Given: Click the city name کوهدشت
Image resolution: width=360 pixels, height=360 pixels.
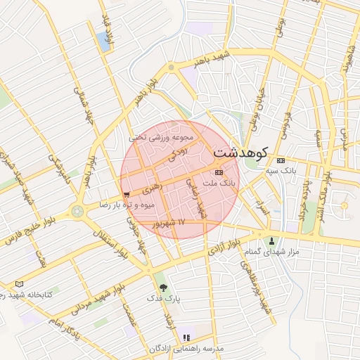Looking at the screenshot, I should click(x=241, y=152).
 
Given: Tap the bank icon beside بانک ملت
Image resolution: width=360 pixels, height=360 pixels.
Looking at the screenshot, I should click(x=219, y=172).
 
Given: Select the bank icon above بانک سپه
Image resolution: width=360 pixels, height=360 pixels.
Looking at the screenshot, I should click(x=281, y=160).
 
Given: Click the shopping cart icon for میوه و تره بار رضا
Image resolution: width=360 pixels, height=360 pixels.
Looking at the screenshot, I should click(x=126, y=194).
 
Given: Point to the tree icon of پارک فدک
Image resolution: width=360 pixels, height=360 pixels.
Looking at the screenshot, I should click(x=164, y=287).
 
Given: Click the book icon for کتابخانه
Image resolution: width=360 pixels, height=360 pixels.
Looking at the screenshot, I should click(x=19, y=284).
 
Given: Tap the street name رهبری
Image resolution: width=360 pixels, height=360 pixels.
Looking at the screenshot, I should click(x=151, y=189).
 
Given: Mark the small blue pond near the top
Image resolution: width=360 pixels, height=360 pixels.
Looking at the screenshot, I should click(x=106, y=41).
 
